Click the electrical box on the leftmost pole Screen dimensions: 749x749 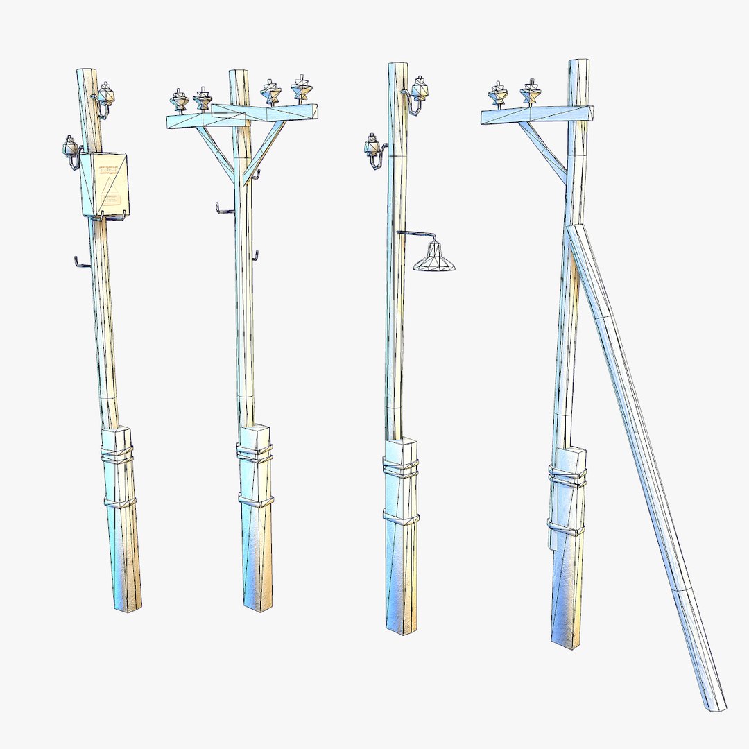click(105, 184)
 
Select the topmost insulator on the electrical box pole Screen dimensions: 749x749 click(106, 92)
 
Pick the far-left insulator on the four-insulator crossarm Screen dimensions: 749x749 click(179, 101)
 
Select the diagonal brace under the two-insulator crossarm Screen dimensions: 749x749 click(544, 151)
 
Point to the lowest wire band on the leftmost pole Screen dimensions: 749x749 click(120, 501)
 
